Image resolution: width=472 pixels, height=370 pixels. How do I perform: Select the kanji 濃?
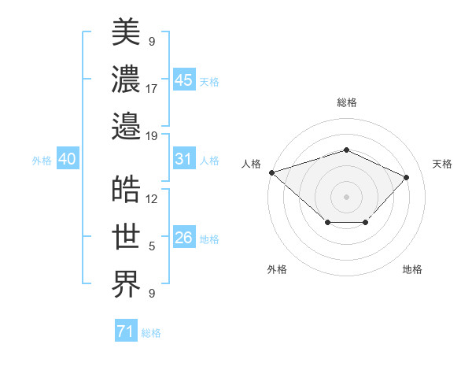tap(127, 78)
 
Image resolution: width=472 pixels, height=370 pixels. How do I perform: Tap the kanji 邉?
tap(127, 125)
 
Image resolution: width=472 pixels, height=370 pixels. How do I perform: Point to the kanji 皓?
tap(127, 190)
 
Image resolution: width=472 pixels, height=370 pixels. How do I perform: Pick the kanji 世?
tap(127, 236)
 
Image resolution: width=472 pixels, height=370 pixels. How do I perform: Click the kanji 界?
tap(127, 283)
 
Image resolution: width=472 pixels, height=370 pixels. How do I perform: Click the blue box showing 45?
tap(184, 80)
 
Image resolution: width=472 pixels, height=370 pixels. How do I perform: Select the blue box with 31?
tap(184, 159)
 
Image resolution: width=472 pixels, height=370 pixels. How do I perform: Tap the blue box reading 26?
tap(184, 238)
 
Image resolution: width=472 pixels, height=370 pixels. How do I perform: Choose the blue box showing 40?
tap(67, 159)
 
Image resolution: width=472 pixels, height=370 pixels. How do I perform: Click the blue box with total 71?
tap(125, 331)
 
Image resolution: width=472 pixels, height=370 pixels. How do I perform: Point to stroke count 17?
tap(152, 88)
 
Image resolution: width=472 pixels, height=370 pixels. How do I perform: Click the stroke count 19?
tap(152, 135)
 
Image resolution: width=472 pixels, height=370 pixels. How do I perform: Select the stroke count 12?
tap(152, 199)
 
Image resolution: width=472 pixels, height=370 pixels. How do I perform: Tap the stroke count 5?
tap(152, 246)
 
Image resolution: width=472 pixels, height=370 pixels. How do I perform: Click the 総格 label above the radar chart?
tap(347, 102)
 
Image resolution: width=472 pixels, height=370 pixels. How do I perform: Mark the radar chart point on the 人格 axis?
tap(271, 172)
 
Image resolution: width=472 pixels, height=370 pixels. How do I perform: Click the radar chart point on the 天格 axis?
tap(407, 177)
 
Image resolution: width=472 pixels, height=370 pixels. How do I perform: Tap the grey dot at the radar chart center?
tap(346, 195)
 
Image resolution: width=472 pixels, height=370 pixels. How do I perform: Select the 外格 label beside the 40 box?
tap(42, 160)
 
